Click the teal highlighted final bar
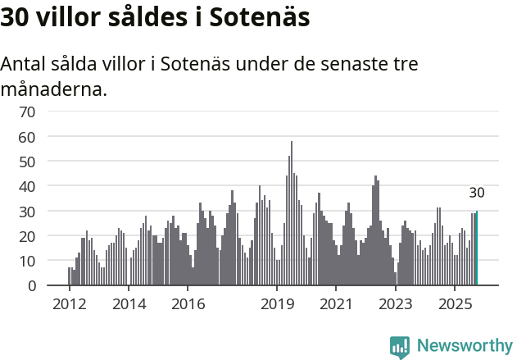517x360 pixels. coord(477,248)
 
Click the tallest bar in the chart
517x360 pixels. coord(291,214)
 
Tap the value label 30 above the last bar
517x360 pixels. coord(477,194)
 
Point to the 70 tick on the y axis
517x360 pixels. coord(27,112)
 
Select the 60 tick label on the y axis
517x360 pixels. coord(27,136)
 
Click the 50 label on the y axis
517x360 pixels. coord(27,162)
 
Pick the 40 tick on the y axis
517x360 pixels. coord(27,186)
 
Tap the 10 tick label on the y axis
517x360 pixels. coord(27,261)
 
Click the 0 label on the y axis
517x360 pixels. coord(31,286)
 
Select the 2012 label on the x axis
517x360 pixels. coord(69,304)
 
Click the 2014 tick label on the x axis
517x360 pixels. coord(128,304)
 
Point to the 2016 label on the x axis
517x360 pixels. coord(188,304)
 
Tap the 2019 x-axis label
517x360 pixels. coord(277,304)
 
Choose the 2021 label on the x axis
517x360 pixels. coord(336,304)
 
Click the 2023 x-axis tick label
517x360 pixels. coord(396,304)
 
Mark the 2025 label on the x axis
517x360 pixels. coord(455,304)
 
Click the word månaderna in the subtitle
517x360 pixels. coord(53,89)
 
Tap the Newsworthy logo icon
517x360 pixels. coord(400,347)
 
